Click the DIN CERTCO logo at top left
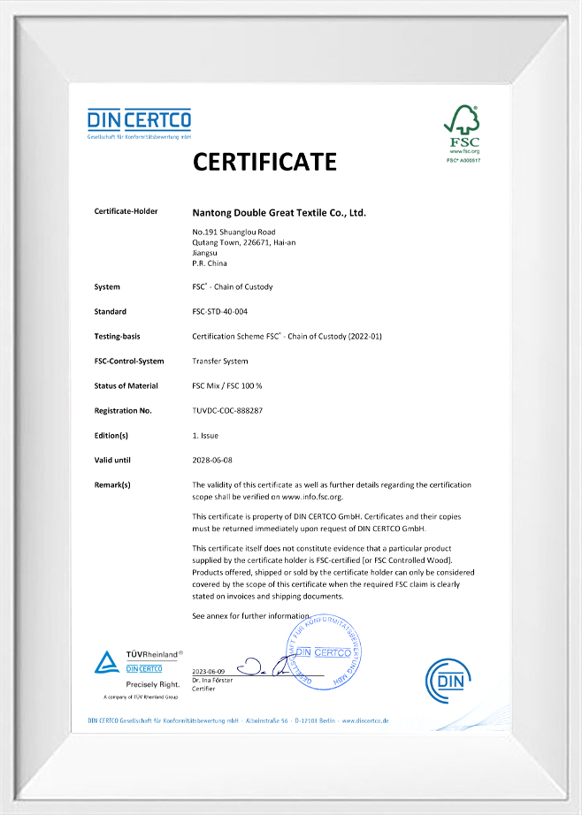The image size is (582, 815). (x=139, y=123)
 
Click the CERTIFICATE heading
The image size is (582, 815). (x=265, y=162)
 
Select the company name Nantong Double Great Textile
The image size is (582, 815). (x=279, y=213)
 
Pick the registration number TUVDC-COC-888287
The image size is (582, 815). (x=227, y=411)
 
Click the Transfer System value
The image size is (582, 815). (x=220, y=362)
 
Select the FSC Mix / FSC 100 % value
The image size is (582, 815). (x=226, y=386)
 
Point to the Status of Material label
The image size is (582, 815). (x=126, y=386)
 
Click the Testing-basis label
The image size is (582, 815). (x=117, y=337)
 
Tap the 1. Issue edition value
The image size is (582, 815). (x=205, y=436)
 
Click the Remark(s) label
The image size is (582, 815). (x=112, y=485)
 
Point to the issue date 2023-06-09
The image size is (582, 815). (x=209, y=672)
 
